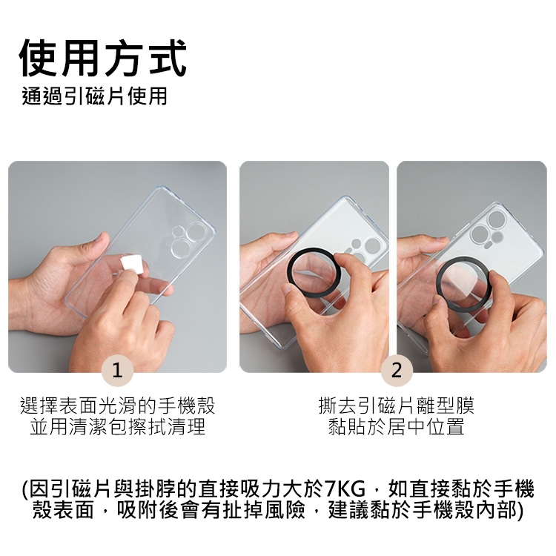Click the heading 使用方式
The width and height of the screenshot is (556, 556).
pyautogui.click(x=103, y=57)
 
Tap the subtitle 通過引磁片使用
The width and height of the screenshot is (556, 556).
pyautogui.click(x=94, y=96)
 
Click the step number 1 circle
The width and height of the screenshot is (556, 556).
pyautogui.click(x=117, y=371)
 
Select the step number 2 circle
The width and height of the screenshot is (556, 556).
pyautogui.click(x=397, y=371)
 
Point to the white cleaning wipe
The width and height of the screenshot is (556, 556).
pyautogui.click(x=132, y=264)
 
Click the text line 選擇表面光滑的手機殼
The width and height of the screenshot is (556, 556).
pyautogui.click(x=117, y=406)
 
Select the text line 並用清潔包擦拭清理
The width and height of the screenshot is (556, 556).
pyautogui.click(x=117, y=426)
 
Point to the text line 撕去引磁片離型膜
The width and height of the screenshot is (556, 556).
pyautogui.click(x=397, y=406)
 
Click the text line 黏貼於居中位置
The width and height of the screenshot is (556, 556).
pyautogui.click(x=397, y=426)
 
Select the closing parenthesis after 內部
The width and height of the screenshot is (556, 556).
pyautogui.click(x=520, y=511)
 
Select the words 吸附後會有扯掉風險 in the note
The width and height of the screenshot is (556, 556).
pyautogui.click(x=211, y=511)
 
